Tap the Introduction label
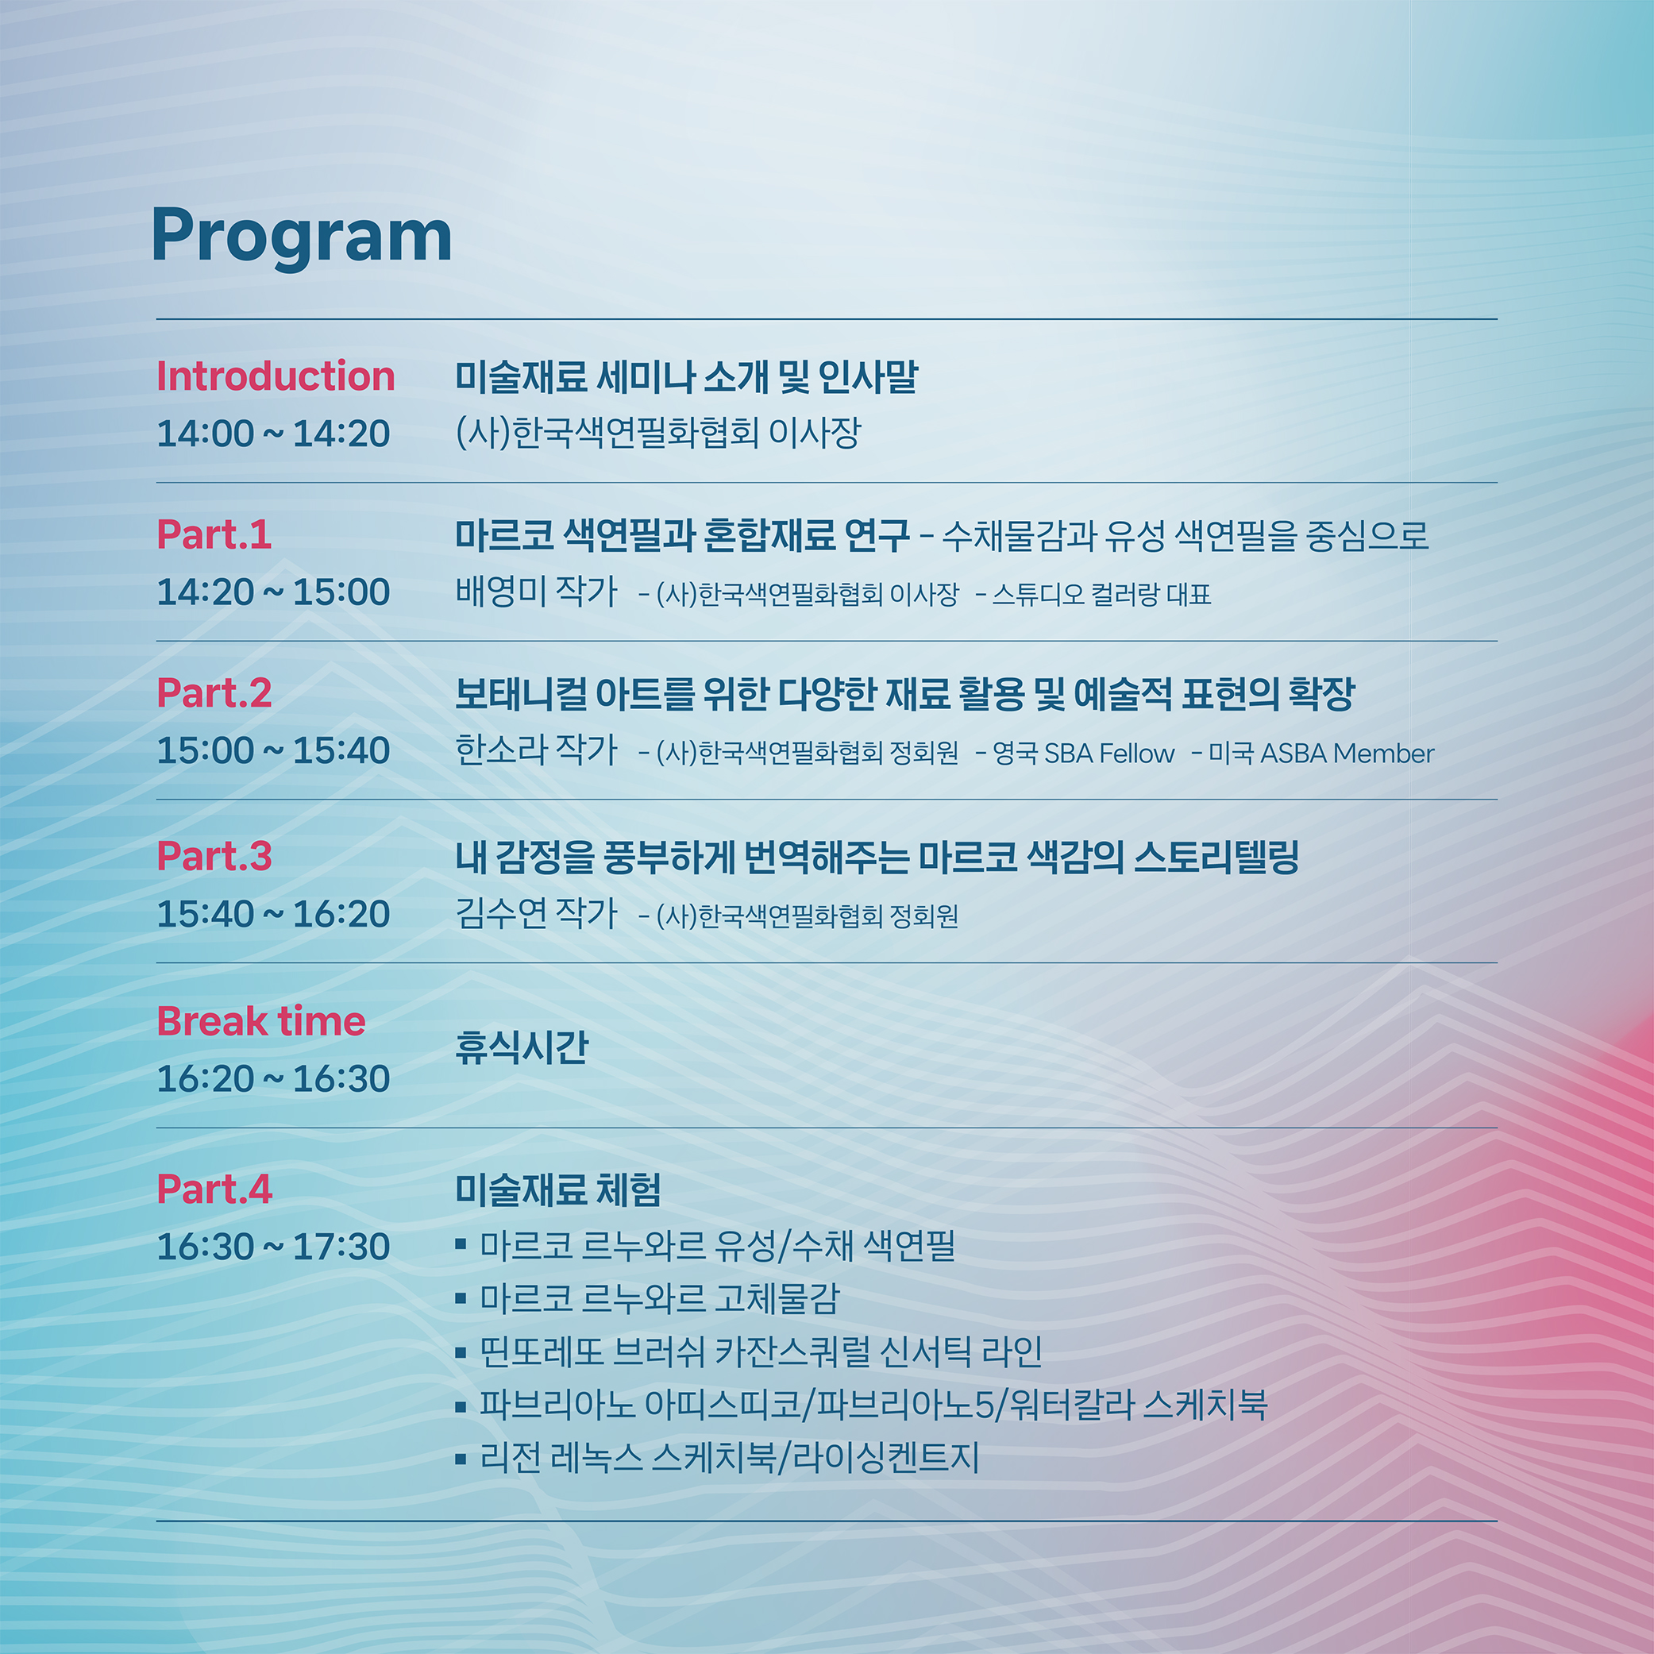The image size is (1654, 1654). (x=276, y=376)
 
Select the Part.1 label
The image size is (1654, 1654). (x=214, y=535)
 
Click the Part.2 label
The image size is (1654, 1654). (x=214, y=693)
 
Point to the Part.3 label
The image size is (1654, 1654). (x=214, y=857)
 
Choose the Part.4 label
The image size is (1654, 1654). (x=214, y=1190)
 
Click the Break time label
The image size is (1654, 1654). (x=261, y=1021)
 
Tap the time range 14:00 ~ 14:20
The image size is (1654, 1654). (x=273, y=434)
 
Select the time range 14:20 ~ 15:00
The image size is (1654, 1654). (x=273, y=592)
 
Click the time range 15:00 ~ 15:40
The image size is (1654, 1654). (x=273, y=751)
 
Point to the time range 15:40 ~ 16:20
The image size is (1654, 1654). (x=273, y=914)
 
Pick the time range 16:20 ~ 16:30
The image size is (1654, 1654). (x=273, y=1078)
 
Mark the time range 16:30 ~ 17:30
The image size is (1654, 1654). (x=273, y=1247)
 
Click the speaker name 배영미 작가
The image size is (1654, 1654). (x=537, y=592)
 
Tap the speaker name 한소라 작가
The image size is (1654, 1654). (x=537, y=750)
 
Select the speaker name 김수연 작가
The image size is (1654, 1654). (x=537, y=913)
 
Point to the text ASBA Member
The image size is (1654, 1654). (x=1347, y=754)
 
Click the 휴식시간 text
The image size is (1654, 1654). (x=522, y=1047)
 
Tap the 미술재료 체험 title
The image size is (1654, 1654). (x=558, y=1190)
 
